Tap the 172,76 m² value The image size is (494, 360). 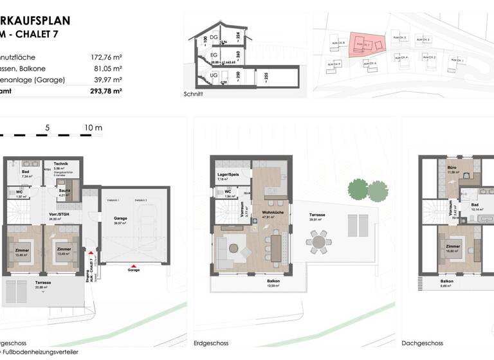click(x=106, y=56)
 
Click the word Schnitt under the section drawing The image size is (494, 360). click(x=193, y=94)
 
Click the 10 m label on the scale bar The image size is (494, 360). click(x=93, y=127)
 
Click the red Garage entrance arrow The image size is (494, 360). click(x=133, y=266)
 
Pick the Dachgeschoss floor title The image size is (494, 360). click(x=421, y=343)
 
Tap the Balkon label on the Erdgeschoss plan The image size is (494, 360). click(x=273, y=282)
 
